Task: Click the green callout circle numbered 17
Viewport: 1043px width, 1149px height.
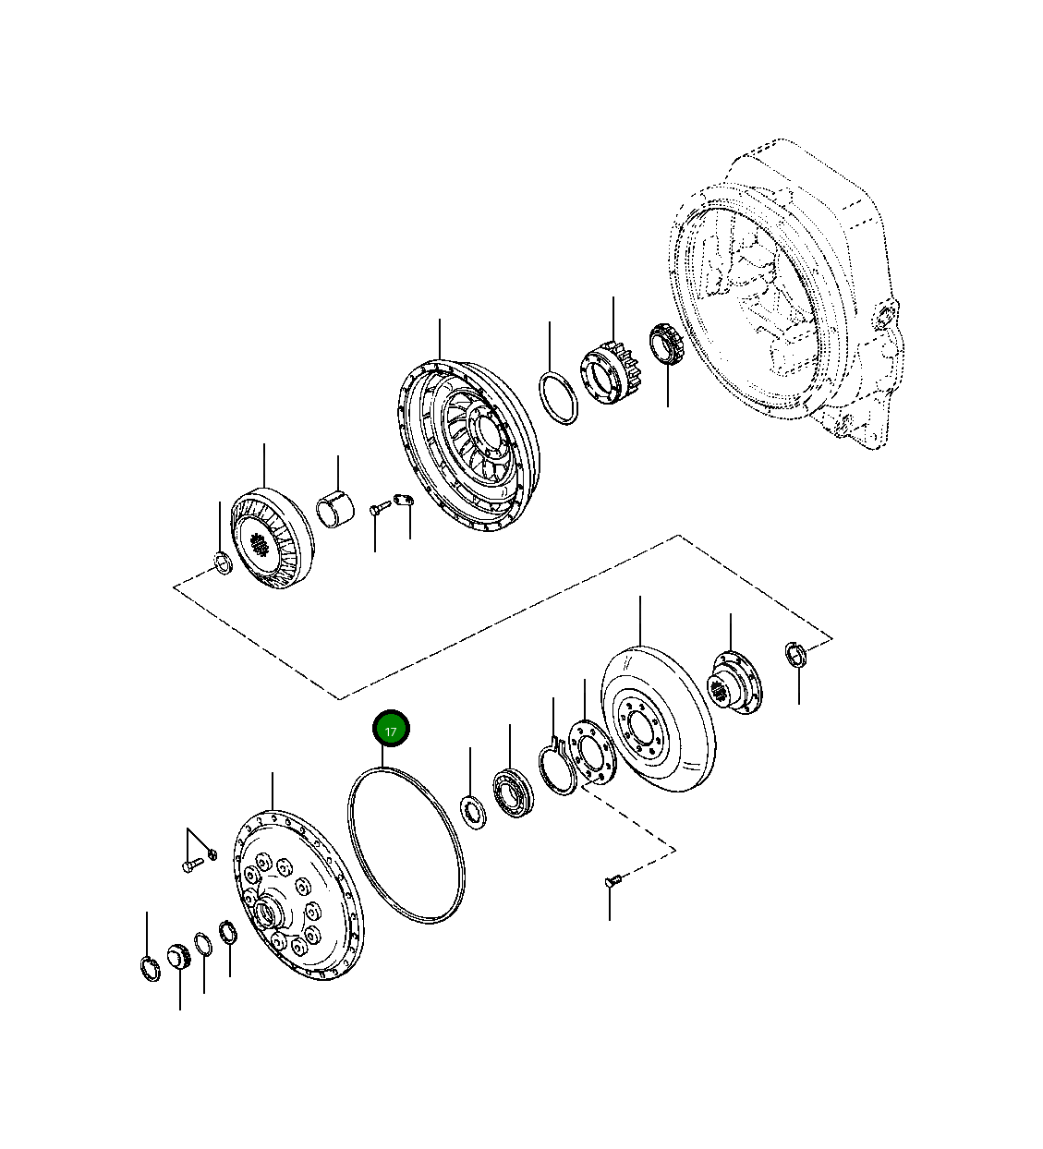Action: (x=390, y=730)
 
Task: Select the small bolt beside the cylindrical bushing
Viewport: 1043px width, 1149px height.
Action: (x=376, y=507)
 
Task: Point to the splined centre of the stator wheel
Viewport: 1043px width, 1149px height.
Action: (x=261, y=546)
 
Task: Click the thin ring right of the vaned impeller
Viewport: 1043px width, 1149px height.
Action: (x=558, y=398)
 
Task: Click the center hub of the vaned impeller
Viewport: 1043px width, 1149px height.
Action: (x=483, y=429)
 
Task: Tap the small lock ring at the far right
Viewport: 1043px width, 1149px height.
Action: (x=796, y=653)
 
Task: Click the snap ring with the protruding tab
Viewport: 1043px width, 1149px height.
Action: (x=557, y=768)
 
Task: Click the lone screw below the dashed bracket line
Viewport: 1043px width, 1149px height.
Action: (x=611, y=882)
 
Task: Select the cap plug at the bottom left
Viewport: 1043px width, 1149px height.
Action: (x=178, y=957)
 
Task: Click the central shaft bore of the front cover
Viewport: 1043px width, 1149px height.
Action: (x=268, y=917)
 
